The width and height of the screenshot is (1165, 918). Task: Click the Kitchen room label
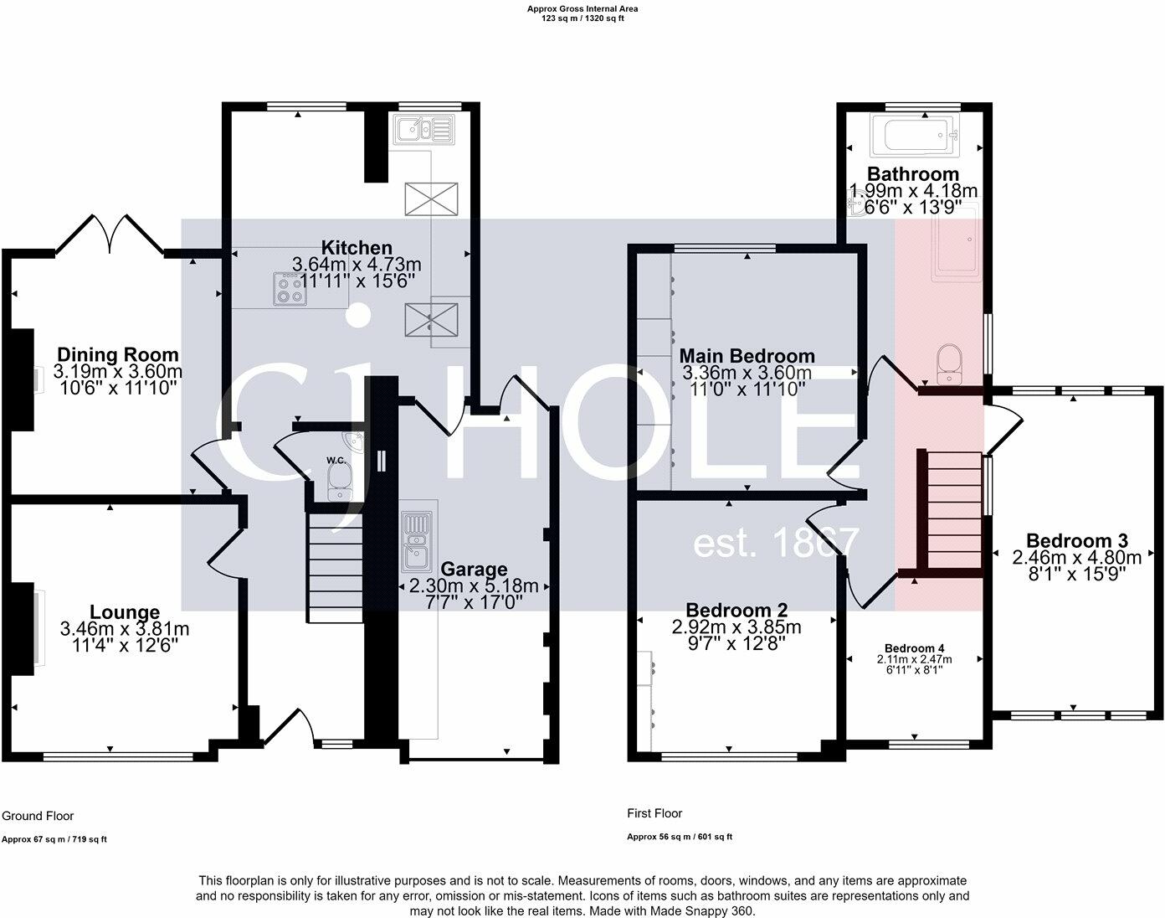tap(357, 248)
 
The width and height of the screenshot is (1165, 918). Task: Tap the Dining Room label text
tap(117, 355)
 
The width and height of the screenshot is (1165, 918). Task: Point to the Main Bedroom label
tap(747, 356)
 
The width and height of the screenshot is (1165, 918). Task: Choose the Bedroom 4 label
tap(914, 648)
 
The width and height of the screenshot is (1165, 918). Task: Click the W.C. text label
tap(336, 461)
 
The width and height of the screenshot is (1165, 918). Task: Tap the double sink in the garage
tap(416, 540)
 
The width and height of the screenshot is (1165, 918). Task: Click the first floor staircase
tap(952, 511)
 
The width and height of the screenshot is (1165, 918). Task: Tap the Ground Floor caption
tap(38, 816)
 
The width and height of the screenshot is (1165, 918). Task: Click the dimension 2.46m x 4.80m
tap(1076, 557)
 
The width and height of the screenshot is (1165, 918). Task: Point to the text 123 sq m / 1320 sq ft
tap(582, 18)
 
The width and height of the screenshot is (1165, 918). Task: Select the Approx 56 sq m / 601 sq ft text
tap(680, 837)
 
